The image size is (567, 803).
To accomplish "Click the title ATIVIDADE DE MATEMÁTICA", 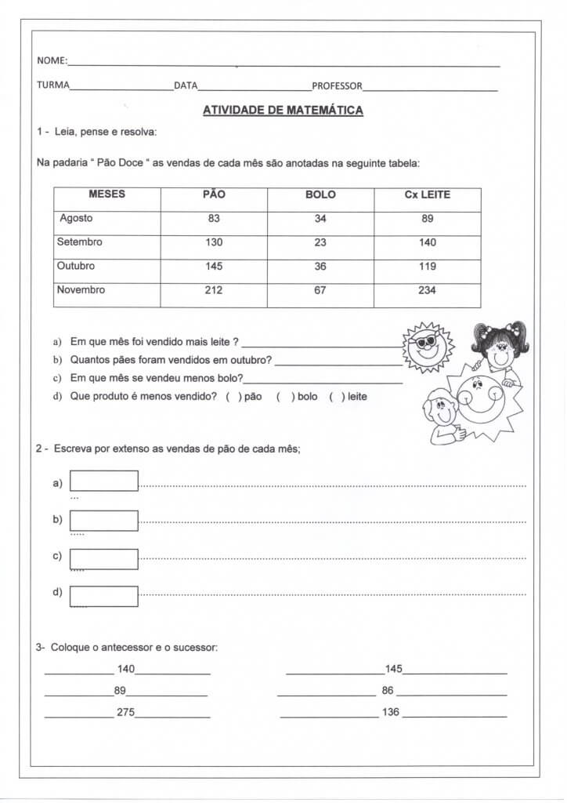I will (283, 111).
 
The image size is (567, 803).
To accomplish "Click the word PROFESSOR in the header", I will (337, 85).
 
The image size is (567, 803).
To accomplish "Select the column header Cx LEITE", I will (427, 194).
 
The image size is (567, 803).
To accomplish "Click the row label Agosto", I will (76, 219).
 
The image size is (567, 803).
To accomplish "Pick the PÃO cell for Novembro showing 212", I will (214, 290).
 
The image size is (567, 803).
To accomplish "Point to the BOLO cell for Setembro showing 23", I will (320, 242).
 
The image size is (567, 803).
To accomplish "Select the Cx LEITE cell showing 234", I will (427, 290).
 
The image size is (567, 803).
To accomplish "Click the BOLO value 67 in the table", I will (320, 290).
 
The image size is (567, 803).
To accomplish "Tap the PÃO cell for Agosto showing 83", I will (214, 219).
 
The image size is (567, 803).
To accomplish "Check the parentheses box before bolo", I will (285, 397).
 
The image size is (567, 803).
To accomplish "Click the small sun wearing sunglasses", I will (428, 346).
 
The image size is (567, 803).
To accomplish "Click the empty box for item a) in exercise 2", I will (104, 481).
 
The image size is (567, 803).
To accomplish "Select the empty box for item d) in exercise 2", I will (104, 596).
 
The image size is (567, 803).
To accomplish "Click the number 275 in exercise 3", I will (125, 713).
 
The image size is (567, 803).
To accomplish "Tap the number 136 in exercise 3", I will (390, 713).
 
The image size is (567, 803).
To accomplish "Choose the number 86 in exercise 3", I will (388, 691).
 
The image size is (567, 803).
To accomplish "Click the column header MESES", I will (107, 194).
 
